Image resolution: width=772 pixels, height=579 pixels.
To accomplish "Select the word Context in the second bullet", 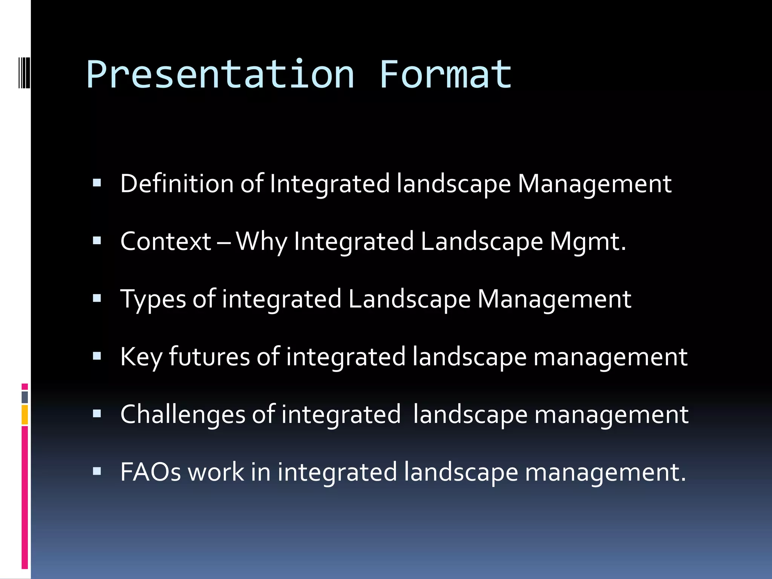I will (x=165, y=241).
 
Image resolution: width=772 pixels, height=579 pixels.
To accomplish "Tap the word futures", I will (x=209, y=357).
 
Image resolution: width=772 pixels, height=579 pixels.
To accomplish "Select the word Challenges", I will (x=183, y=414).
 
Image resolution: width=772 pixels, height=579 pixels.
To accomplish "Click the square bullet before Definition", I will (x=97, y=183).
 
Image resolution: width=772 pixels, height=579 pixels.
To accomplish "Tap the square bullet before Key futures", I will (x=97, y=356).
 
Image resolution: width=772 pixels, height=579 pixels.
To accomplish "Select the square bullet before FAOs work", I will (x=97, y=471).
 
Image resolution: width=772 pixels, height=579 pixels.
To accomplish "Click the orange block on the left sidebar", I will (x=25, y=415).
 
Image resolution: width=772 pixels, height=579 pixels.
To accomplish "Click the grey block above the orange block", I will (x=25, y=397).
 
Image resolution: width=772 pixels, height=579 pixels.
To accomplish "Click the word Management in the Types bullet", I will (x=554, y=299).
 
